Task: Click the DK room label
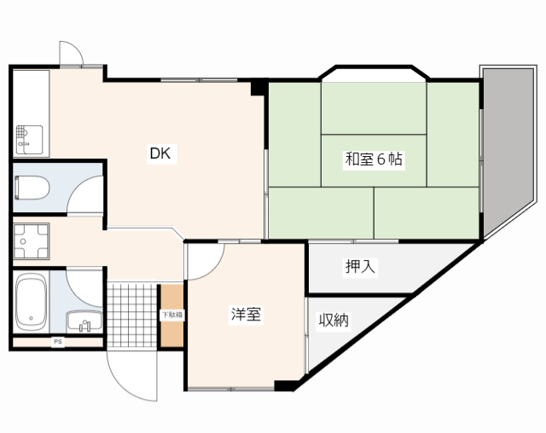[160, 153]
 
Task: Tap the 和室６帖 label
[374, 159]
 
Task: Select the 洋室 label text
[246, 315]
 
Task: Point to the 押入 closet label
[360, 267]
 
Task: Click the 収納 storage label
[334, 320]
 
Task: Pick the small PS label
[58, 342]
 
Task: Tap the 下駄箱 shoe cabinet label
[171, 315]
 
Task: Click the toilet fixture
[32, 188]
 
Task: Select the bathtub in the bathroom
[32, 302]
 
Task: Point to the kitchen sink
[29, 140]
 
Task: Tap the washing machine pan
[31, 241]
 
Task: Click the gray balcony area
[508, 146]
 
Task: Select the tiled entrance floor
[132, 315]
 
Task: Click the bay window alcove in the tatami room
[374, 76]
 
